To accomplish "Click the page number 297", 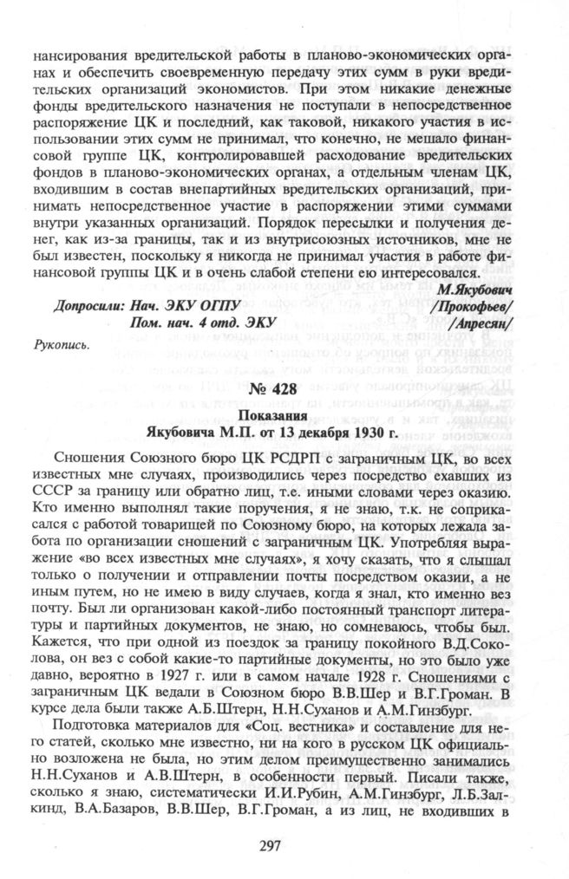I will [284, 847].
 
